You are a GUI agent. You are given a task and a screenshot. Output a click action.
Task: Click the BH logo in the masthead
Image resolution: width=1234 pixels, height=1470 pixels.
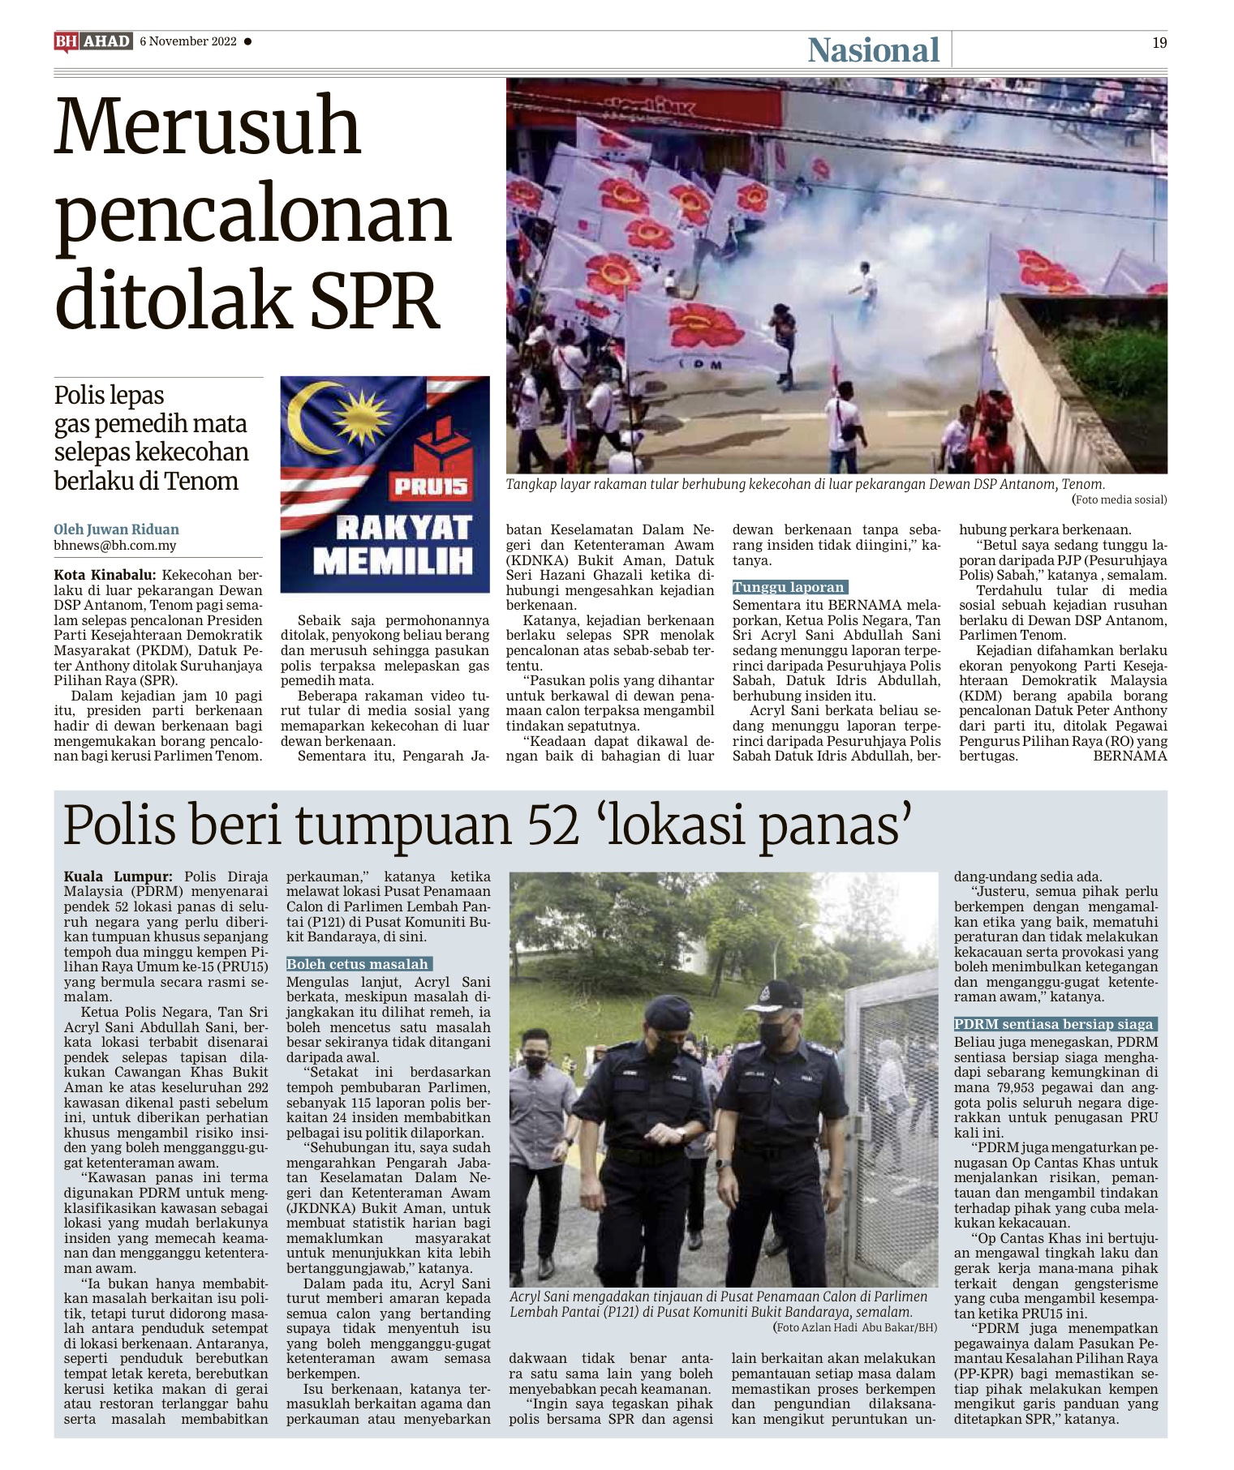click(x=66, y=41)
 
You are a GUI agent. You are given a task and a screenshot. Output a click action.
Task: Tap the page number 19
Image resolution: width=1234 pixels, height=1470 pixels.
click(x=1159, y=43)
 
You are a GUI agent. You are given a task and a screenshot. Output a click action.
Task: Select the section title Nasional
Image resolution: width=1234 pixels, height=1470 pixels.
click(x=873, y=50)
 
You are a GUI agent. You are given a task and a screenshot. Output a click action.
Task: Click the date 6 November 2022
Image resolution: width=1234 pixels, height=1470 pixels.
click(x=188, y=41)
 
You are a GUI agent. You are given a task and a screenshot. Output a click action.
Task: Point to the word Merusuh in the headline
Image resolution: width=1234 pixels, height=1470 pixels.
click(x=207, y=126)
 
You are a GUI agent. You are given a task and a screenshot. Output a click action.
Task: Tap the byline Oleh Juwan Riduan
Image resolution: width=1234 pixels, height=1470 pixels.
click(x=116, y=529)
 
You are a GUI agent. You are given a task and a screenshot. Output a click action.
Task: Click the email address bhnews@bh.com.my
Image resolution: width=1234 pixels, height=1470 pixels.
click(x=114, y=546)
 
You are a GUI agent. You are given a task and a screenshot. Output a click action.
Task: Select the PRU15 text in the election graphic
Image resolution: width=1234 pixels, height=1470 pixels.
click(x=431, y=486)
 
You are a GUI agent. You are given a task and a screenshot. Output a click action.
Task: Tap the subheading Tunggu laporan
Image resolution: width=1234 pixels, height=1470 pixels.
click(x=789, y=587)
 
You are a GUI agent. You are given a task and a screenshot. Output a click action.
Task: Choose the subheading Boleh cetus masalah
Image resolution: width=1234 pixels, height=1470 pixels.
click(x=357, y=964)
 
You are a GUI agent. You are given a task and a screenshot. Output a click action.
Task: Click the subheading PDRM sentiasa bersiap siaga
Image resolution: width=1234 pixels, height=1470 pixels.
click(x=1053, y=1024)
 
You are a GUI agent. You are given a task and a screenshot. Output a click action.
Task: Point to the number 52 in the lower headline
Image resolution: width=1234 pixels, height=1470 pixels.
click(x=554, y=825)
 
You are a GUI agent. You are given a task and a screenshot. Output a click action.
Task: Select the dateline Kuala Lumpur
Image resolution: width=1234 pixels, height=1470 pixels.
click(x=118, y=876)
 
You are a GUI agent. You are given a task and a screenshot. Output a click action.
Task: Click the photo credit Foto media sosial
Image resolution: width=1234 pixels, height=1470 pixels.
click(x=1119, y=499)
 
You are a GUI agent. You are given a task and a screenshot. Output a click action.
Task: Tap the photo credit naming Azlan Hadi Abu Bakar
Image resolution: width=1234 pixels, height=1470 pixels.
click(x=855, y=1327)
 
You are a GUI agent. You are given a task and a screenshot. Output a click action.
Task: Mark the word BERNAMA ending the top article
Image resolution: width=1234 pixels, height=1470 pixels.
click(x=1129, y=756)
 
